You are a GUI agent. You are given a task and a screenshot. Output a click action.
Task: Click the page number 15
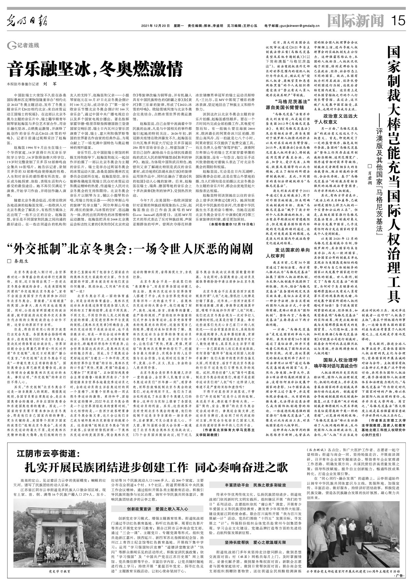[x=398, y=21]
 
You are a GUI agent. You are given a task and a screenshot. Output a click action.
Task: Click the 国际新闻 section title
[x=355, y=21]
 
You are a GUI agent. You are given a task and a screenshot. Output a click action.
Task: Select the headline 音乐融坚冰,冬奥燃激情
[x=95, y=68]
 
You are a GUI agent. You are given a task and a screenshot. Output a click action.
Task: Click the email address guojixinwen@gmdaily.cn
[x=296, y=26]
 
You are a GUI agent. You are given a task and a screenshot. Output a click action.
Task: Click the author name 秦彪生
[x=21, y=261]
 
